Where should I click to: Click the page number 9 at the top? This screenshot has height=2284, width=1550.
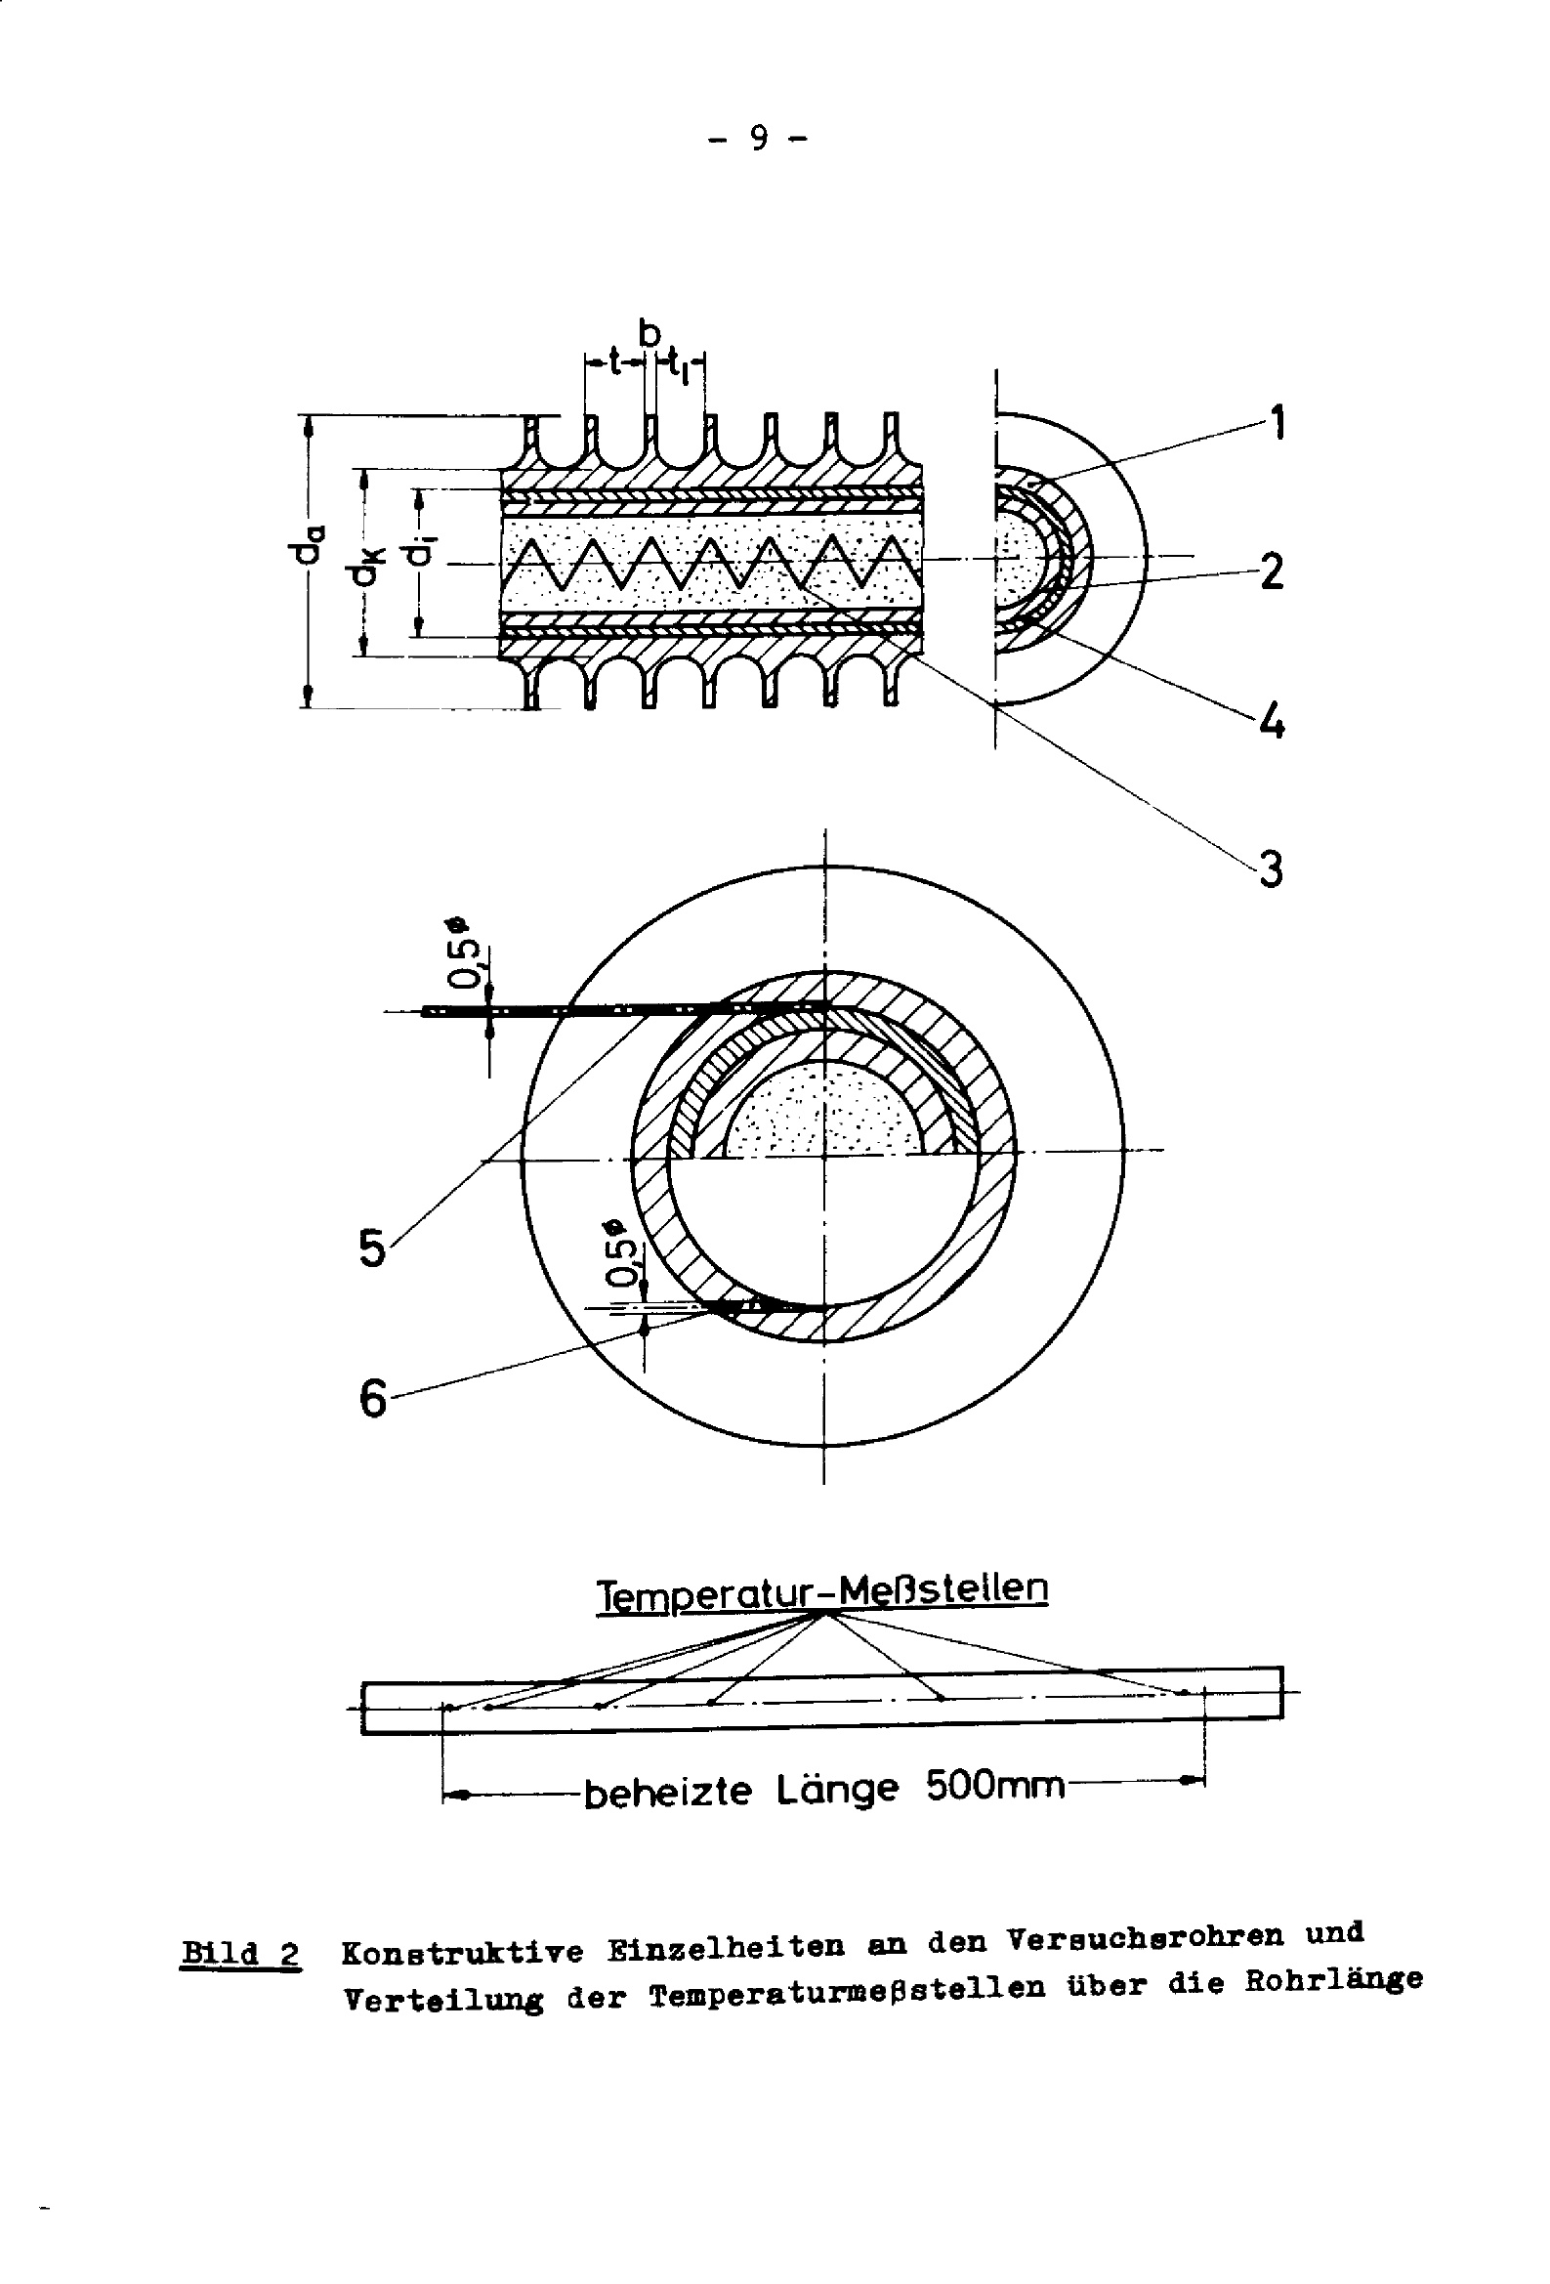758,138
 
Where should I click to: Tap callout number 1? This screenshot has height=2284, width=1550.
1276,423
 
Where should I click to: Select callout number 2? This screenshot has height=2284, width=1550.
1271,570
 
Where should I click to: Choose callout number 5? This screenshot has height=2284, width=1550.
372,1248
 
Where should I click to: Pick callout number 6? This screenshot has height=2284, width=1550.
372,1399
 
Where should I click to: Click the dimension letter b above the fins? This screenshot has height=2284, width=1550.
649,334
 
